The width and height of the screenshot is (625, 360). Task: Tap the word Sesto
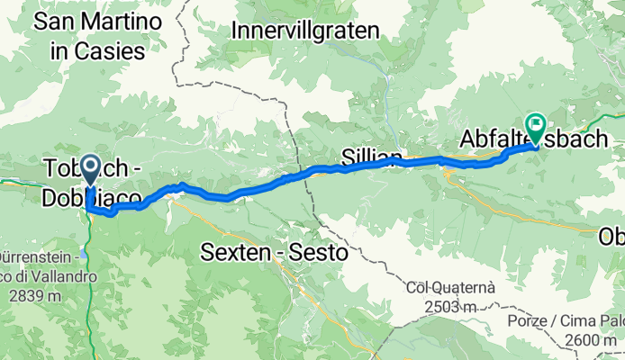click(x=316, y=254)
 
